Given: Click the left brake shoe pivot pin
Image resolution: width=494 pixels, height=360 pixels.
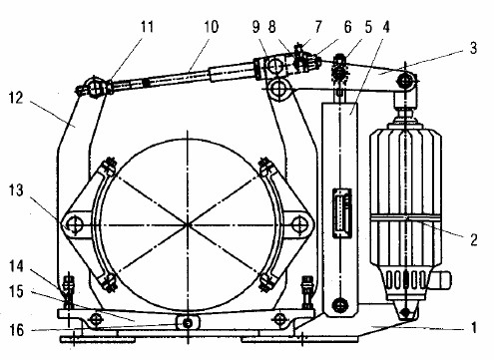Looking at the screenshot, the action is point(72,223).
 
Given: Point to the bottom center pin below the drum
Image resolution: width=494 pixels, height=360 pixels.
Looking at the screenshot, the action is point(188,321).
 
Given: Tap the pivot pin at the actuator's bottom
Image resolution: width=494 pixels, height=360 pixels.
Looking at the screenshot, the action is point(405,316).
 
